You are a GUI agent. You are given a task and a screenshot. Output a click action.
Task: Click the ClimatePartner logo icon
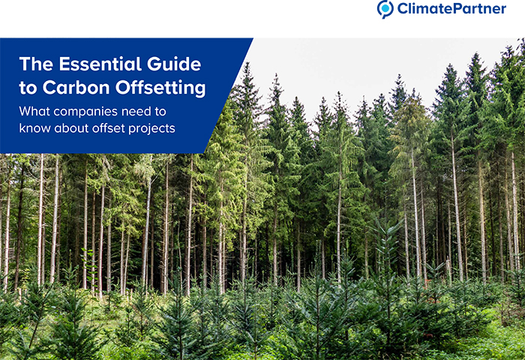click(x=385, y=9)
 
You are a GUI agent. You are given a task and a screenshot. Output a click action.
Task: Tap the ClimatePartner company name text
click(x=451, y=8)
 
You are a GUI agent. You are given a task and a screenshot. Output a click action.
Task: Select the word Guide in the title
click(x=174, y=64)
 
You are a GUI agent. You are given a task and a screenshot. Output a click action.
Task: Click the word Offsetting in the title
click(x=160, y=88)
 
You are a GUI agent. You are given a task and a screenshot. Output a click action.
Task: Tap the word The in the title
click(x=36, y=64)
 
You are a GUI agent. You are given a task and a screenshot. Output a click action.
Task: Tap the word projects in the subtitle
click(x=151, y=129)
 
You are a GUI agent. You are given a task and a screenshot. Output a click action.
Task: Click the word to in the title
click(x=28, y=88)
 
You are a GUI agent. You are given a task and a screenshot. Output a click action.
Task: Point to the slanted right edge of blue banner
click(x=228, y=96)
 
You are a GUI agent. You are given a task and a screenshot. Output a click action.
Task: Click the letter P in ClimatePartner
click(x=453, y=8)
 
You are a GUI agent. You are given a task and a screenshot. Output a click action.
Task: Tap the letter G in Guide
click(x=154, y=64)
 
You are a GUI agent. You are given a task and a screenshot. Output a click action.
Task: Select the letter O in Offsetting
click(x=123, y=88)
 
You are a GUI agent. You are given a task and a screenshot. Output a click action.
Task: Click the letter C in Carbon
click(x=49, y=88)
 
